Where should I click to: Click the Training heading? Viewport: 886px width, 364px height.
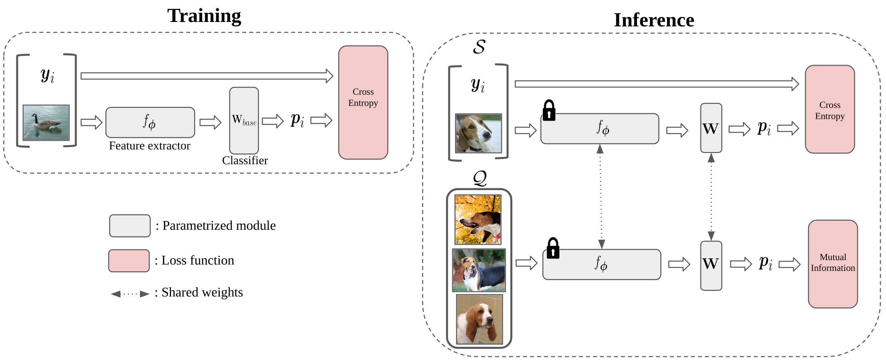click(204, 16)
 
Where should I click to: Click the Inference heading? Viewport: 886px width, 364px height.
click(654, 20)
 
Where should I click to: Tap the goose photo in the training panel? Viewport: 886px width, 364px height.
click(46, 123)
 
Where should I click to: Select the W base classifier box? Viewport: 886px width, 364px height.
click(244, 120)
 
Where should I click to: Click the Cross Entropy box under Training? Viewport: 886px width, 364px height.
click(363, 102)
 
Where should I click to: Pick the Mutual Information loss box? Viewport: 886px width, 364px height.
click(833, 264)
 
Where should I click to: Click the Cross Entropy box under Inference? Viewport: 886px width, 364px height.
click(830, 109)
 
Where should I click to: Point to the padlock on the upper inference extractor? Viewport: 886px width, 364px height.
click(549, 110)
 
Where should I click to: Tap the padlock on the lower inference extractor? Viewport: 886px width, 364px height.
click(553, 248)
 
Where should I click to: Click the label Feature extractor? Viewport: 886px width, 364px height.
click(149, 146)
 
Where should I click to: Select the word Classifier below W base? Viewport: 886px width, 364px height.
click(245, 160)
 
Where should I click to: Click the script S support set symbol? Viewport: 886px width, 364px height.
click(479, 47)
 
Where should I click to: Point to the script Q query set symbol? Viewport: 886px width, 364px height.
click(480, 178)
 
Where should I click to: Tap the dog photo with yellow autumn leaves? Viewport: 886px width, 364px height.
click(478, 219)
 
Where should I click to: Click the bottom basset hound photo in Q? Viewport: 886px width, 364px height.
click(480, 319)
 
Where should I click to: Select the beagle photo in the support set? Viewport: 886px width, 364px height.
click(478, 133)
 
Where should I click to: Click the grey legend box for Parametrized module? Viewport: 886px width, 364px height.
click(130, 226)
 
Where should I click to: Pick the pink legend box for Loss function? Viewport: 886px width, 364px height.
click(129, 261)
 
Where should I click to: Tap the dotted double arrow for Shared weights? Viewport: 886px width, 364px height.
click(130, 294)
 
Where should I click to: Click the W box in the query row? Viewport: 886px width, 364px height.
click(711, 266)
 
